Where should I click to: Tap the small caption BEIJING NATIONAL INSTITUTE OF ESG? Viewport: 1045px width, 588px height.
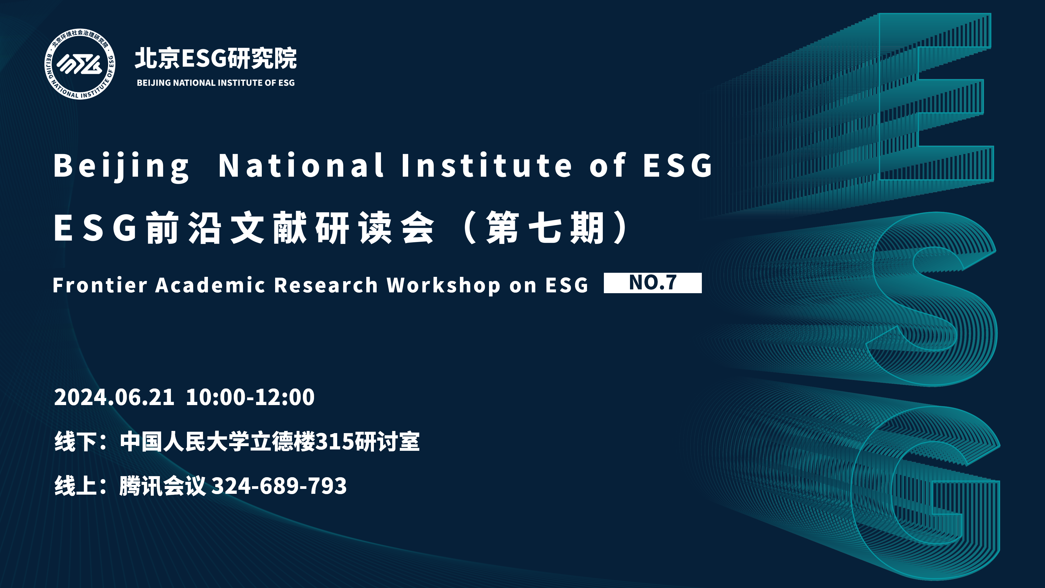pyautogui.click(x=216, y=83)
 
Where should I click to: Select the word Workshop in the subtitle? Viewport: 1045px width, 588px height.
pyautogui.click(x=443, y=285)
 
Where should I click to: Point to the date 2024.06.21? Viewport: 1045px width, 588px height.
pyautogui.click(x=114, y=397)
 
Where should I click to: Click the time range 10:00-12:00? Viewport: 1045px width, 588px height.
pyautogui.click(x=250, y=397)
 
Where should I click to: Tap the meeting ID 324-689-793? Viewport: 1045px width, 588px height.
pyautogui.click(x=279, y=486)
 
